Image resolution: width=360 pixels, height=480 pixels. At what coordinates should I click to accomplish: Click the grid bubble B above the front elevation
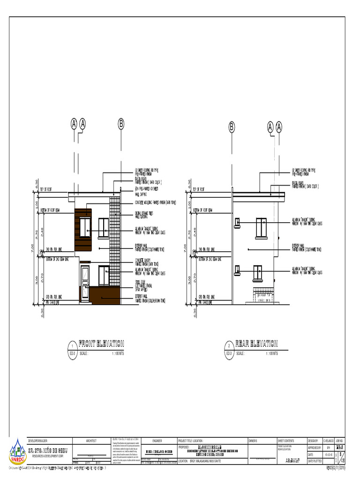120,124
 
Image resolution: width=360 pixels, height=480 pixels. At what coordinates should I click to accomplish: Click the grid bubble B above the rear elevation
232,127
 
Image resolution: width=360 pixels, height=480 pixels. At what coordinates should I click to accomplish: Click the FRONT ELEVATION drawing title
101,343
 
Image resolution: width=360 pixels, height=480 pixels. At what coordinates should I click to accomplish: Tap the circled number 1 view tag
72,345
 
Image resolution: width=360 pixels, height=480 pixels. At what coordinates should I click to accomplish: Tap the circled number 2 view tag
229,345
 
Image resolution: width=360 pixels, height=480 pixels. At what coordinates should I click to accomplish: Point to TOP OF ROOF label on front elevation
47,190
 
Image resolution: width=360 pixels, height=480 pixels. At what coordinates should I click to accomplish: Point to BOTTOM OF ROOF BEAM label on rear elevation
204,210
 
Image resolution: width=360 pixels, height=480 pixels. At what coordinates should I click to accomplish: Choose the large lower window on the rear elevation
257,273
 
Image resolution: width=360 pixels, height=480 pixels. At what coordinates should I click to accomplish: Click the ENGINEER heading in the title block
157,441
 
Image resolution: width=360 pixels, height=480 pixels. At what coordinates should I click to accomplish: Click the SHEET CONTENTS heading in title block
286,441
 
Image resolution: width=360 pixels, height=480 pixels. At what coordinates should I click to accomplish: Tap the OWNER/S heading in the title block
254,441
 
